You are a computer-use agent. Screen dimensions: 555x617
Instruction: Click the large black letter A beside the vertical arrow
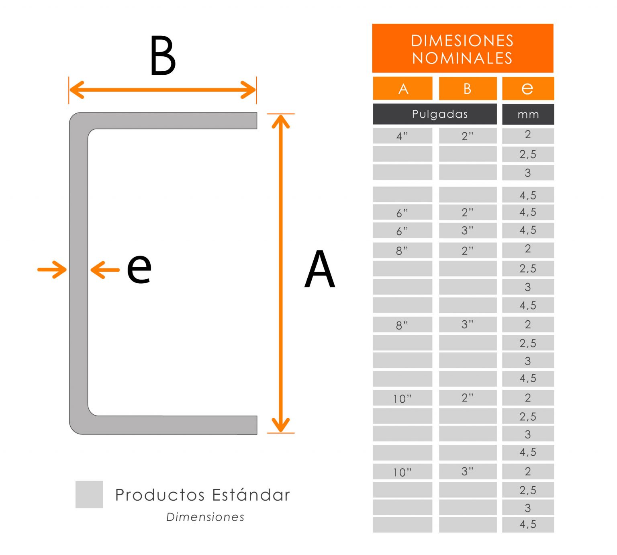pyautogui.click(x=320, y=269)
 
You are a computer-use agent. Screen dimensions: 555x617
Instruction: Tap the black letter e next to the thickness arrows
pyautogui.click(x=139, y=268)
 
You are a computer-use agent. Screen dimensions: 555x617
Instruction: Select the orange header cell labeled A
pyautogui.click(x=402, y=88)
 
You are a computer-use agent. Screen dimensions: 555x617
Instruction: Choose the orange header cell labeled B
pyautogui.click(x=468, y=88)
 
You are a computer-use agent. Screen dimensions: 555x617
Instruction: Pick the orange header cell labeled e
pyautogui.click(x=528, y=88)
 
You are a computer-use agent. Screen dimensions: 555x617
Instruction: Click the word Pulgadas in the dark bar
pyautogui.click(x=440, y=114)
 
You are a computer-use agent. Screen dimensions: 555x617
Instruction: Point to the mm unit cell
pyautogui.click(x=528, y=115)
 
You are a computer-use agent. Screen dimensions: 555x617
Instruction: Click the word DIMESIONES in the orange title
pyautogui.click(x=462, y=41)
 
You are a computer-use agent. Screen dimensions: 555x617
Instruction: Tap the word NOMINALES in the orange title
pyautogui.click(x=462, y=58)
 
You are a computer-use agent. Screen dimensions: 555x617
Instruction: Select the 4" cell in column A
pyautogui.click(x=402, y=136)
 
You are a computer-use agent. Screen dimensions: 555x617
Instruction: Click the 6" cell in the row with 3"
pyautogui.click(x=402, y=231)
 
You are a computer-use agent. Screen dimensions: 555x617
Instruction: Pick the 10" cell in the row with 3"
pyautogui.click(x=402, y=472)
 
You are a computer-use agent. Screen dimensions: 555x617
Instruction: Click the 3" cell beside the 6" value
pyautogui.click(x=468, y=230)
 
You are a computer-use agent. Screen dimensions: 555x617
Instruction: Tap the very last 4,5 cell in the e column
pyautogui.click(x=528, y=524)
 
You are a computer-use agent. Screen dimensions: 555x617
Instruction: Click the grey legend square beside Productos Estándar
pyautogui.click(x=89, y=494)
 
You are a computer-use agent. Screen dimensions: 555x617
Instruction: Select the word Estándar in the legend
pyautogui.click(x=251, y=495)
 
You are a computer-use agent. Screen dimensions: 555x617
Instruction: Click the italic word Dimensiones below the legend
pyautogui.click(x=205, y=517)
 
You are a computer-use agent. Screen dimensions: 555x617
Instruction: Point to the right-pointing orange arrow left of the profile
pyautogui.click(x=53, y=269)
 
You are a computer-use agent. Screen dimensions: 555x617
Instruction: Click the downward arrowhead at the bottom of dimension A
pyautogui.click(x=281, y=425)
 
